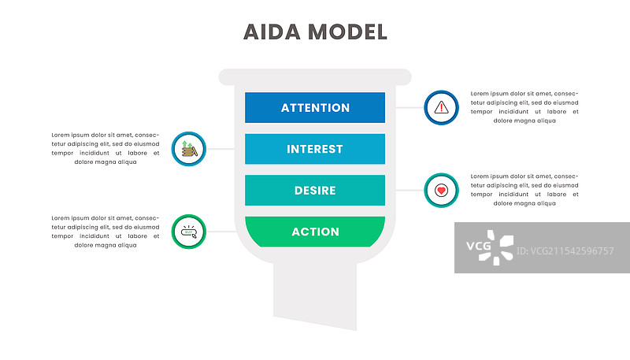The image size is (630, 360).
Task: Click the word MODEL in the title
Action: pyautogui.click(x=346, y=32)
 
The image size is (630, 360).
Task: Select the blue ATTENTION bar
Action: pyautogui.click(x=315, y=108)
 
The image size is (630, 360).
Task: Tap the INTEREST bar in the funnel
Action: pyautogui.click(x=315, y=149)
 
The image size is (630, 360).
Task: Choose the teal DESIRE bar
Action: pyautogui.click(x=315, y=191)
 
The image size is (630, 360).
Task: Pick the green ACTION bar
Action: pyautogui.click(x=315, y=232)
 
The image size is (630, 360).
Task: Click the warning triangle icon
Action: pyautogui.click(x=441, y=108)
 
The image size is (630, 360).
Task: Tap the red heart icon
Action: pyautogui.click(x=441, y=190)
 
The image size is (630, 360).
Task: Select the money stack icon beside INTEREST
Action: pyautogui.click(x=188, y=149)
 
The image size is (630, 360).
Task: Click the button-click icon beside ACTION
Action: pyautogui.click(x=188, y=232)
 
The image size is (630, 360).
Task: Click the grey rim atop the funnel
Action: pyautogui.click(x=315, y=76)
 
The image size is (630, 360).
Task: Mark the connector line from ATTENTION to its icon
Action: pyautogui.click(x=409, y=108)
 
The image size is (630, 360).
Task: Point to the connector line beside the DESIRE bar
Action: pyautogui.click(x=409, y=190)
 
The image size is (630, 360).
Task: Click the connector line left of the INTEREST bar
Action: pyautogui.click(x=220, y=149)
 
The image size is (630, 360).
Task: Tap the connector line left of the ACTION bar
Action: pyautogui.click(x=220, y=232)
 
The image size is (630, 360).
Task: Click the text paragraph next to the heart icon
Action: pyautogui.click(x=524, y=190)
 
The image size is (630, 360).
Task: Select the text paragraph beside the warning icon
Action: pyautogui.click(x=524, y=107)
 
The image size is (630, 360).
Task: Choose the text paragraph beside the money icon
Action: pyautogui.click(x=106, y=149)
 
